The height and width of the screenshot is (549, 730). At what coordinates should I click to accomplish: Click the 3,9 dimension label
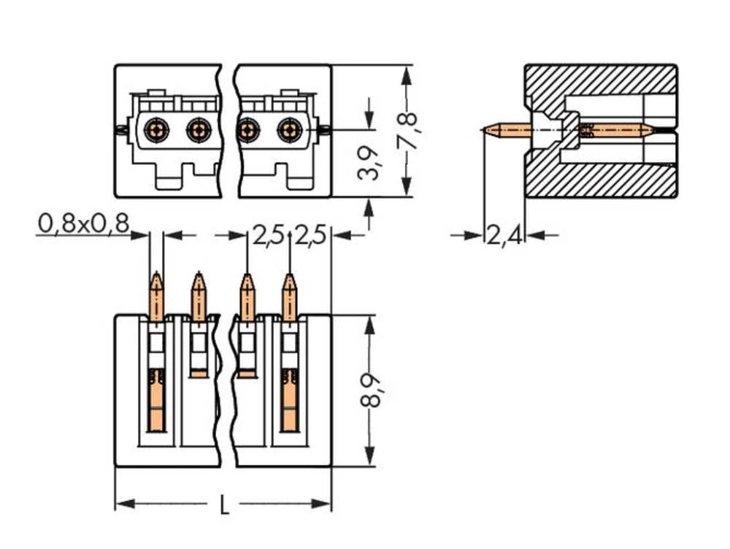(370, 162)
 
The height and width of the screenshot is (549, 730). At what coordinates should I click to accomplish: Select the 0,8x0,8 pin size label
(82, 224)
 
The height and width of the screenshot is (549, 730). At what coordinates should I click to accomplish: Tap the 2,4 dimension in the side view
(504, 235)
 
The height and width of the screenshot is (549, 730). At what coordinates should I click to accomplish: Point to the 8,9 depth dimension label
(371, 390)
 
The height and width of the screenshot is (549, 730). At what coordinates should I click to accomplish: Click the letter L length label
(223, 504)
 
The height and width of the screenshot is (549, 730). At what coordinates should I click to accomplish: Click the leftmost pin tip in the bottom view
(156, 278)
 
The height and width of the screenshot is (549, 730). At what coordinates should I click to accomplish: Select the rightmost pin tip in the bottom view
(290, 278)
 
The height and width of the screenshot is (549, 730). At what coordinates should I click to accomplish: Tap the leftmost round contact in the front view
(155, 131)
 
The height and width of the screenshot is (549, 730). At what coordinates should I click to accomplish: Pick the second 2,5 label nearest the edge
(310, 236)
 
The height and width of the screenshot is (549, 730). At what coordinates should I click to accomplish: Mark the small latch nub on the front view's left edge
(119, 131)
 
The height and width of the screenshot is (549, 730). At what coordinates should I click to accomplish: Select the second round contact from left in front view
(198, 131)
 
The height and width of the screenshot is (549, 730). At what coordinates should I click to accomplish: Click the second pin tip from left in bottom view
(198, 278)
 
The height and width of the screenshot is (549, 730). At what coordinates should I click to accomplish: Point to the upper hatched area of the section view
(599, 80)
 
